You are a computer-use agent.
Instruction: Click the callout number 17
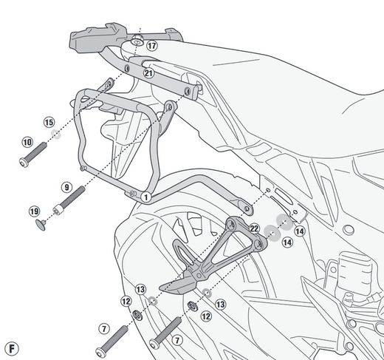click(151, 45)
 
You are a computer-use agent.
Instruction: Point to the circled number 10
click(27, 141)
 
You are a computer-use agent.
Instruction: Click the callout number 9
click(66, 187)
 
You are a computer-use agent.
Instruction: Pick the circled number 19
click(34, 211)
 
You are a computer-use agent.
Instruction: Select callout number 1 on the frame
click(146, 197)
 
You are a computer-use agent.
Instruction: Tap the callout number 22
click(254, 228)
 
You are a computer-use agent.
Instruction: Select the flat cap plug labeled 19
click(42, 223)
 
